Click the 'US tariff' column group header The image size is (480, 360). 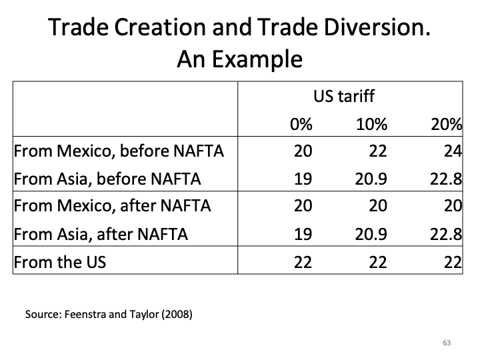click(x=344, y=96)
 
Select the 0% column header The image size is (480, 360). click(x=301, y=124)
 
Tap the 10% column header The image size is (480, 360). click(x=372, y=124)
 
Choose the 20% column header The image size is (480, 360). click(x=447, y=124)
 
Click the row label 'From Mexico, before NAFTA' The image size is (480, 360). click(x=119, y=150)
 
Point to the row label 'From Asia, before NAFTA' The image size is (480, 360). click(x=107, y=178)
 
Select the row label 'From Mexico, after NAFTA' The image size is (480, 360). click(x=112, y=206)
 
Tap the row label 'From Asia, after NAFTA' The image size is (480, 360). click(x=101, y=234)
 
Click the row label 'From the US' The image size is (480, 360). click(x=59, y=262)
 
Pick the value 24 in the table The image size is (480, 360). click(x=453, y=150)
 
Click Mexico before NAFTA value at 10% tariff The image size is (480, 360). click(x=378, y=150)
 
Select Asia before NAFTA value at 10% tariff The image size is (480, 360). click(x=372, y=178)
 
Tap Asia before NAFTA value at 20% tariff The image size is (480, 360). click(x=447, y=178)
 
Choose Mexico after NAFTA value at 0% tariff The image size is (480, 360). click(x=303, y=206)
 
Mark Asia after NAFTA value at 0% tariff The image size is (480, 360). click(x=303, y=234)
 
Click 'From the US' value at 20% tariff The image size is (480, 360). click(x=453, y=262)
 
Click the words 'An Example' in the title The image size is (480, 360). click(x=240, y=60)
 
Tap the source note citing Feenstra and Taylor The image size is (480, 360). click(x=109, y=313)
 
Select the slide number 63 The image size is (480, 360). click(x=447, y=343)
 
